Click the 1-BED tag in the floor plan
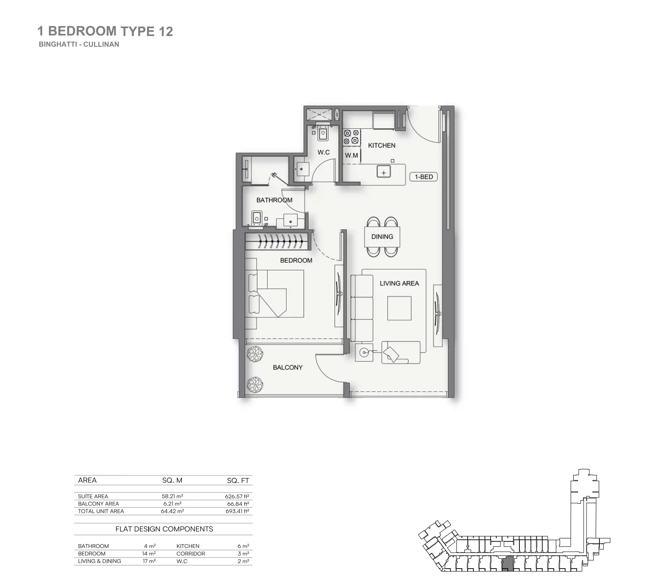click(x=423, y=177)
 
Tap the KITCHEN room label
click(x=382, y=145)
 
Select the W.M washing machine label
click(x=351, y=155)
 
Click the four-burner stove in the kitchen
click(x=351, y=137)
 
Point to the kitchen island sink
click(x=384, y=172)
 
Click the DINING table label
click(x=382, y=237)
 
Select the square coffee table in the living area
click(x=399, y=308)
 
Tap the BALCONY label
click(x=287, y=367)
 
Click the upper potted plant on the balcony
click(x=255, y=355)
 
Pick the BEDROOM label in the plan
click(x=296, y=260)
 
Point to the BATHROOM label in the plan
click(x=274, y=200)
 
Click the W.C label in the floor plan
click(x=324, y=152)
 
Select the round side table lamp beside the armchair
click(x=364, y=353)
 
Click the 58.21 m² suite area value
click(x=172, y=496)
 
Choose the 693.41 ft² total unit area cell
click(x=237, y=511)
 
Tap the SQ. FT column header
click(x=238, y=480)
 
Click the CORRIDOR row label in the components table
click(x=191, y=554)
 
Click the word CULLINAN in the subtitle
click(x=101, y=44)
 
